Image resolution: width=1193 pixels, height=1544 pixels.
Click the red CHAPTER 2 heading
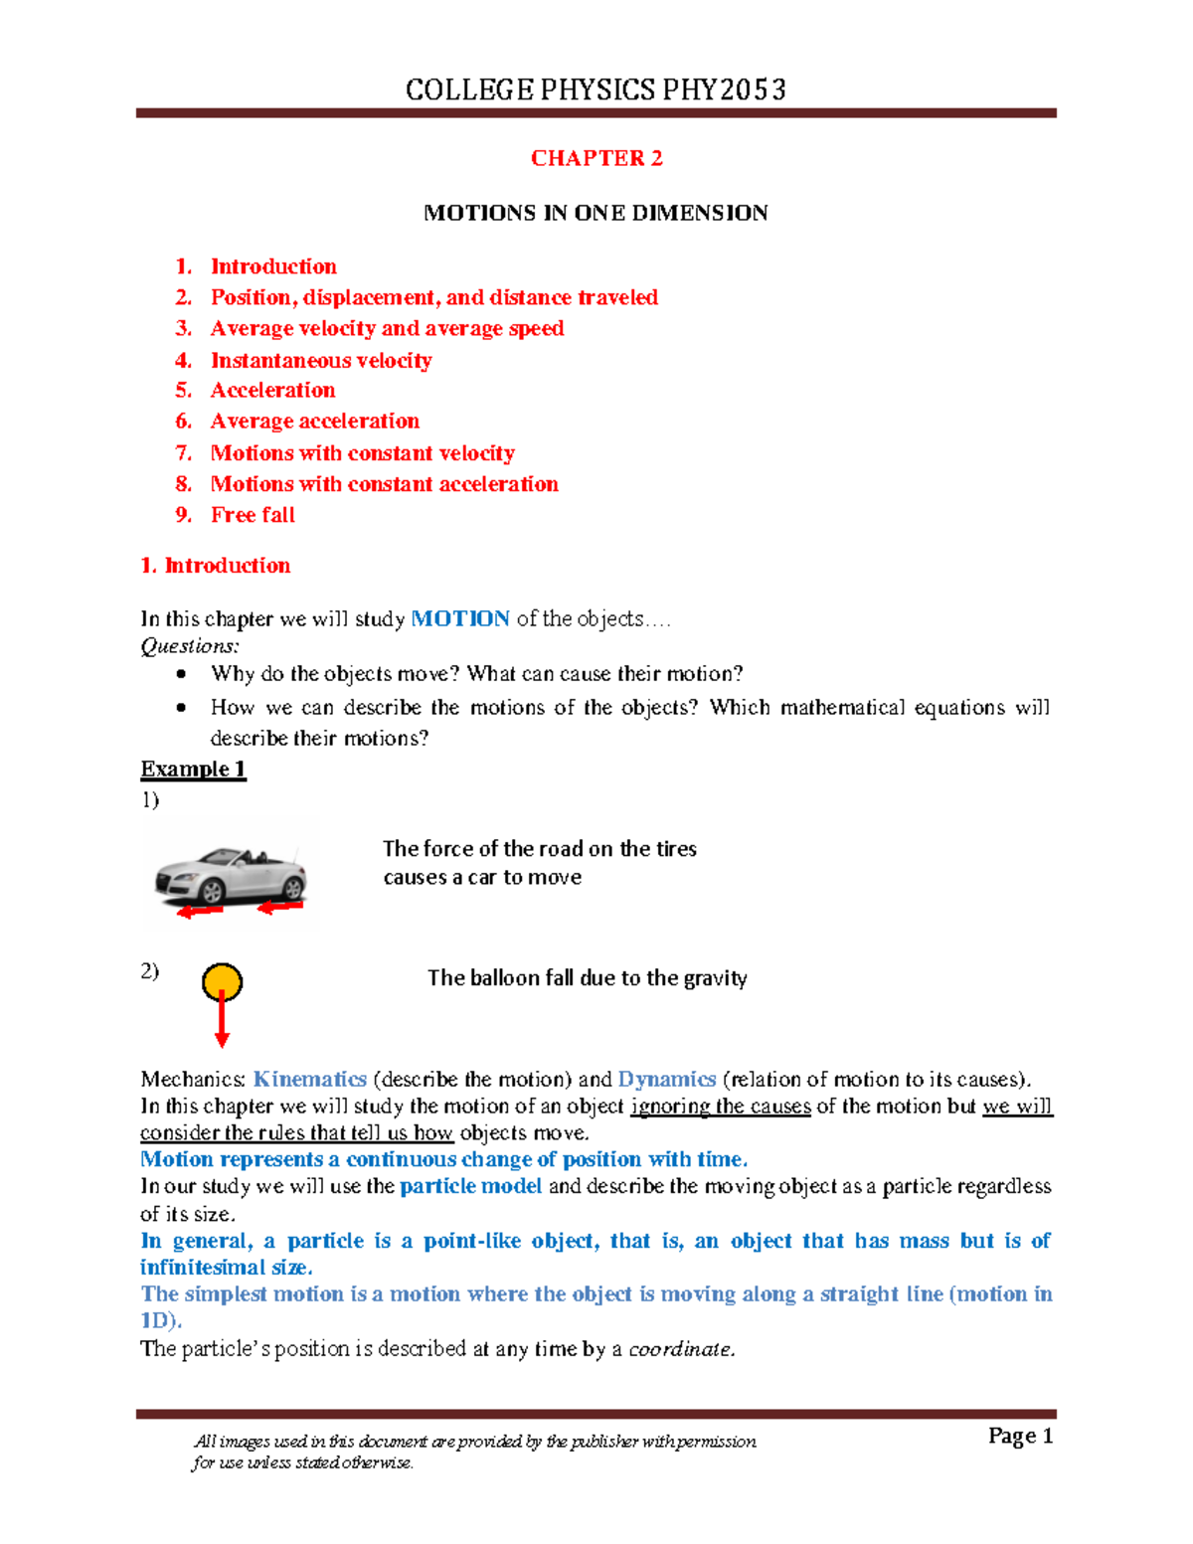596,158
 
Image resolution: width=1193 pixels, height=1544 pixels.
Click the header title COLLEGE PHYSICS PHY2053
596,90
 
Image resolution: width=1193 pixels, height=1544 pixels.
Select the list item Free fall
253,515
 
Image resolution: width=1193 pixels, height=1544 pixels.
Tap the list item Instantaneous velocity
321,360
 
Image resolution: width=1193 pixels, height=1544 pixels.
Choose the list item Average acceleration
314,422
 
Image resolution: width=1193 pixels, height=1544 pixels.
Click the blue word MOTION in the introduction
460,618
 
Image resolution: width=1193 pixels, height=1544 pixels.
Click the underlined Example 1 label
193,770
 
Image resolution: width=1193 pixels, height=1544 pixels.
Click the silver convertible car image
231,874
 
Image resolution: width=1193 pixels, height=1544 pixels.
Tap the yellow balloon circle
222,982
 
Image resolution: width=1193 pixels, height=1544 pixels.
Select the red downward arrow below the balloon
222,1024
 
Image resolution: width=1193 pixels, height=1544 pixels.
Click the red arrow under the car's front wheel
199,911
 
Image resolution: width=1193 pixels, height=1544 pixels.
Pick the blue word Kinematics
310,1080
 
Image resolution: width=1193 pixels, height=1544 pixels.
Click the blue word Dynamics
666,1080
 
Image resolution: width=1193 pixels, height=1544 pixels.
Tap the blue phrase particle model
470,1186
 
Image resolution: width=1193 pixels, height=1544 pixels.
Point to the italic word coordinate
682,1349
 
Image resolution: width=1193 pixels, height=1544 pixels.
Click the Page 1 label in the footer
1020,1436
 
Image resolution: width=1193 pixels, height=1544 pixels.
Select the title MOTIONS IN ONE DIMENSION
596,213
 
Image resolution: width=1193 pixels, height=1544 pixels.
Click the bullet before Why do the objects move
181,674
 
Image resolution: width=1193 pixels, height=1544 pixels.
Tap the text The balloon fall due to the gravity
587,978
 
